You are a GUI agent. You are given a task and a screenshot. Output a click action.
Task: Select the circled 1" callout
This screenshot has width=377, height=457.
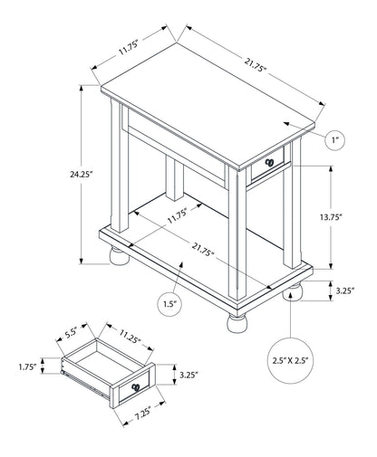pyautogui.click(x=334, y=139)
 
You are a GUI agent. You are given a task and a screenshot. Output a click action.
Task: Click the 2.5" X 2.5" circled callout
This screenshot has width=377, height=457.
pyautogui.click(x=291, y=360)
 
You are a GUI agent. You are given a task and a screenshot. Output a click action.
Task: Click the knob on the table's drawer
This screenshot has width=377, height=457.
pyautogui.click(x=267, y=163)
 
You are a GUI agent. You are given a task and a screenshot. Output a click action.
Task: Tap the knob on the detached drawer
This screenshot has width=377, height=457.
pyautogui.click(x=135, y=387)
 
